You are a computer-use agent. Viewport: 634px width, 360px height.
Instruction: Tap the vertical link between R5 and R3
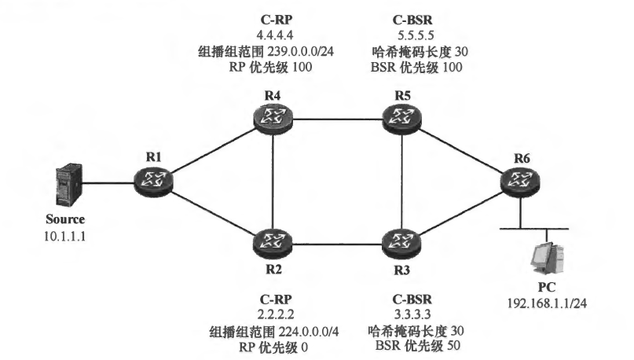[401, 179]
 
